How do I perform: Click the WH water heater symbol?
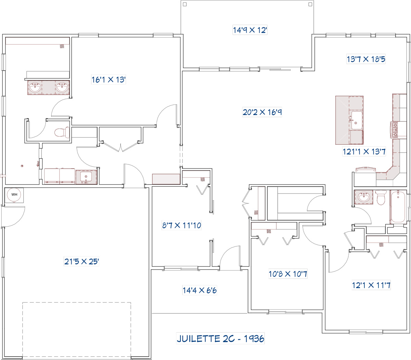(14, 195)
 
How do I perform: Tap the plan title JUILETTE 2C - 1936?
(220, 338)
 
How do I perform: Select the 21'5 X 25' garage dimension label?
(82, 261)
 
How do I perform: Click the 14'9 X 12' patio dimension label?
(250, 30)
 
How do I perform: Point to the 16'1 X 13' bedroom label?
(109, 79)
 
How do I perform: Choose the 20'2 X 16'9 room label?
(262, 112)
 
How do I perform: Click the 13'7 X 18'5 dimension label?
(366, 59)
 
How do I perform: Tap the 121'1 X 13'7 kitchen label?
(364, 151)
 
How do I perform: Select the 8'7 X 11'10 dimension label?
(182, 225)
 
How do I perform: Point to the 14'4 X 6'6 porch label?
(199, 290)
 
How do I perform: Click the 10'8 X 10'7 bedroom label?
(288, 274)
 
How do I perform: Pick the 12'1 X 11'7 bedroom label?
(371, 285)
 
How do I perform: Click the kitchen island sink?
(356, 120)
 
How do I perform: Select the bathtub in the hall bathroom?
(398, 207)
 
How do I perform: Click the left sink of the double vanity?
(35, 88)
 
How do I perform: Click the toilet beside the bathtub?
(381, 198)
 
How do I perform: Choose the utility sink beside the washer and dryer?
(86, 177)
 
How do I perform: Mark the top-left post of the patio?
(185, 4)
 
